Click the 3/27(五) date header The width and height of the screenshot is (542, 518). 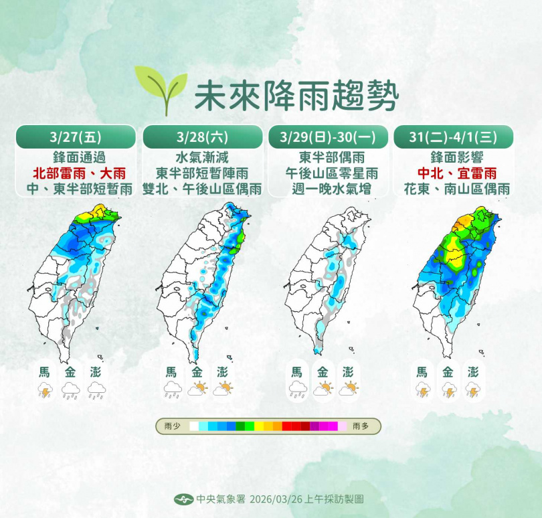76,137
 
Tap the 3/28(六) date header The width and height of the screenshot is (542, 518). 202,137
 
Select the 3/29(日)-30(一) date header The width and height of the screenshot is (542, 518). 328,137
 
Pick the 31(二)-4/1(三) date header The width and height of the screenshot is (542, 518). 453,137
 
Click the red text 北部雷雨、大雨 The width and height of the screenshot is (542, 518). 76,173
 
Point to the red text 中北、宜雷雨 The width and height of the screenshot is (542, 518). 453,173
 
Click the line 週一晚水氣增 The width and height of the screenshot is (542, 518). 328,189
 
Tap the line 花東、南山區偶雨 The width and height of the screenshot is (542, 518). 453,189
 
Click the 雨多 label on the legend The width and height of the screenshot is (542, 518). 361,426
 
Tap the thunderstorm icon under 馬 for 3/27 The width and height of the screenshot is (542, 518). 46,391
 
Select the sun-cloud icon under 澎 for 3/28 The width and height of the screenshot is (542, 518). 223,389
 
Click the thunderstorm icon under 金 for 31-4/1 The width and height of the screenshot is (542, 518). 448,391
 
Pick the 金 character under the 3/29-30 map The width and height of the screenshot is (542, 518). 323,371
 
